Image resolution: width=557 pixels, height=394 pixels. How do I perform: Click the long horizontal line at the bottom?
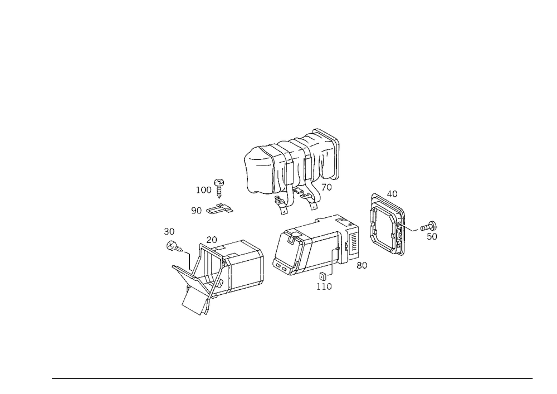click(292, 378)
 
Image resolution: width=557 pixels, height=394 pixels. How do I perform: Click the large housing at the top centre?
click(292, 164)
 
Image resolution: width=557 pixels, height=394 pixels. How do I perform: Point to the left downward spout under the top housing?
click(284, 203)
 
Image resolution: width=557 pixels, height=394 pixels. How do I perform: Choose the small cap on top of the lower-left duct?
click(211, 239)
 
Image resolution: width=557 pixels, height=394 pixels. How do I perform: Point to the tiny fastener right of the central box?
click(363, 266)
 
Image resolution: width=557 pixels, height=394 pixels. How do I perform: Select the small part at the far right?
click(430, 229)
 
